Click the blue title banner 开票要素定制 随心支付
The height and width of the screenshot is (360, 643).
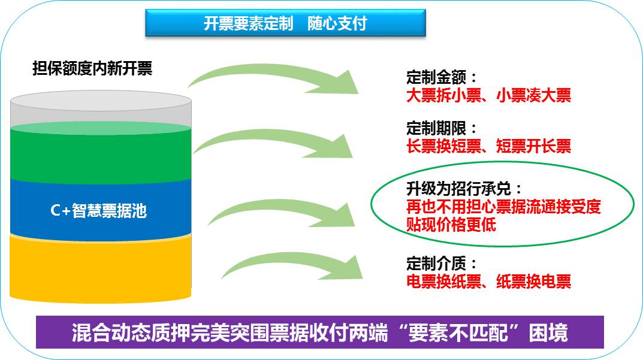[x=285, y=23]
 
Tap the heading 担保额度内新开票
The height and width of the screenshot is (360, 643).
[x=92, y=68]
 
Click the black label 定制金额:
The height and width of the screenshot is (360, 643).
[x=442, y=78]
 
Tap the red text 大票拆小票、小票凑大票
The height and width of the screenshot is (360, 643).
[x=488, y=95]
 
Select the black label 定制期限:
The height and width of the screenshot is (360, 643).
[x=442, y=128]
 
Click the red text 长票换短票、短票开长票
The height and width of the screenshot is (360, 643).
[x=488, y=146]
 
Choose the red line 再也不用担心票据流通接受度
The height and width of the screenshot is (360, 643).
[x=503, y=207]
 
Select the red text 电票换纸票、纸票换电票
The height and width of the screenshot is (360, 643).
[x=488, y=281]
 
